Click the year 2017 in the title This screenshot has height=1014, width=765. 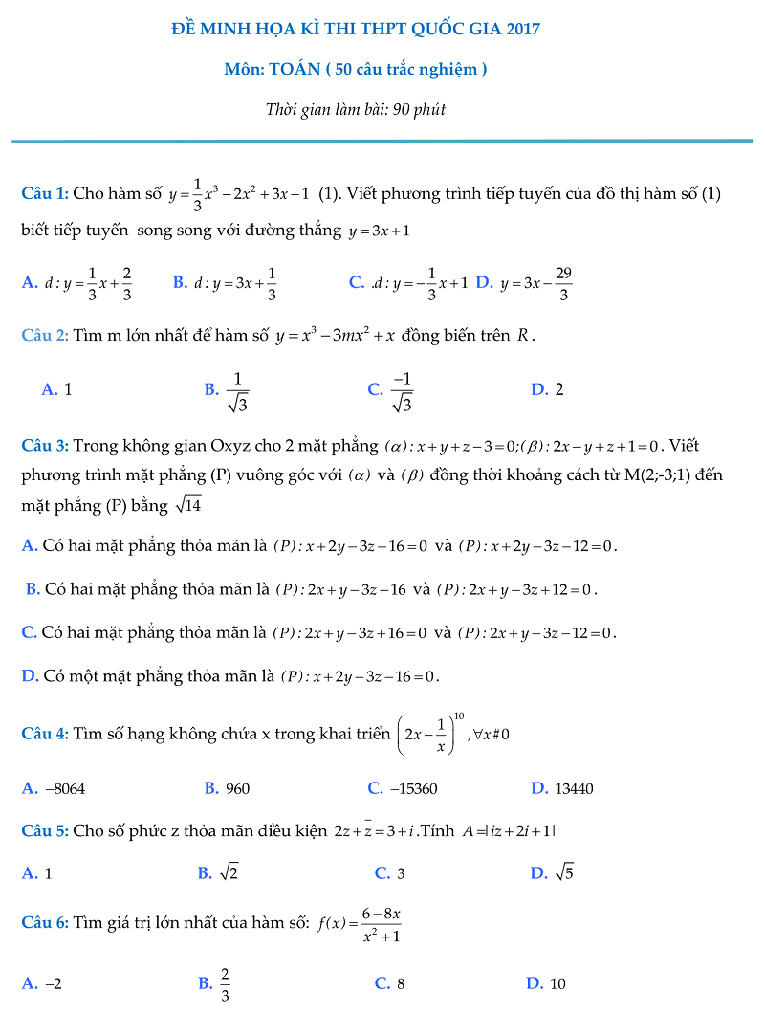click(x=521, y=29)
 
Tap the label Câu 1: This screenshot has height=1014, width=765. click(x=45, y=194)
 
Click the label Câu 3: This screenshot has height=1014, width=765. click(x=45, y=445)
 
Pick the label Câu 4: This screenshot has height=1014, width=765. click(x=45, y=734)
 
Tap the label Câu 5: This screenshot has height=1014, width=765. click(x=45, y=830)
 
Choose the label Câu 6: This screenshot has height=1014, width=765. click(x=45, y=923)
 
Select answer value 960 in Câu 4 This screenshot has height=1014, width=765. click(x=238, y=789)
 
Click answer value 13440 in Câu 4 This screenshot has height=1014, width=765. click(x=574, y=789)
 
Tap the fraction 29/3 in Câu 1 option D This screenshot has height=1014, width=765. click(x=563, y=283)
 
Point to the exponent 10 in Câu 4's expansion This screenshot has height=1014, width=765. click(x=459, y=715)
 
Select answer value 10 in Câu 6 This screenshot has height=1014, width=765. click(x=558, y=983)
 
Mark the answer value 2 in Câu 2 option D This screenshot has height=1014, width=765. click(x=559, y=389)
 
